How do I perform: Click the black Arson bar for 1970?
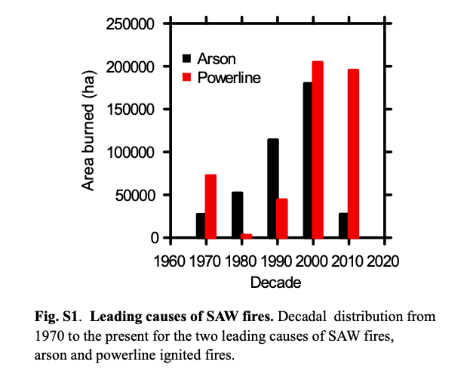pyautogui.click(x=201, y=225)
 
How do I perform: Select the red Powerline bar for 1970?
pyautogui.click(x=210, y=206)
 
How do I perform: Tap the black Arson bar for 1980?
pyautogui.click(x=237, y=215)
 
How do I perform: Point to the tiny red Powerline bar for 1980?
pyautogui.click(x=247, y=236)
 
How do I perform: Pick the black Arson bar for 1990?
pyautogui.click(x=272, y=188)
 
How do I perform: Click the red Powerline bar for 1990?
pyautogui.click(x=282, y=218)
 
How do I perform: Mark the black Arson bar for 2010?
pyautogui.click(x=343, y=225)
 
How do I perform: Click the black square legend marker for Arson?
pyautogui.click(x=187, y=58)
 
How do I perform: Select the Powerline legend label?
pyautogui.click(x=229, y=78)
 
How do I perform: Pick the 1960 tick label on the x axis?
pyautogui.click(x=171, y=261)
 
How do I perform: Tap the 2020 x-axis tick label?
pyautogui.click(x=386, y=261)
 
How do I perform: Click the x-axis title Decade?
pyautogui.click(x=278, y=283)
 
